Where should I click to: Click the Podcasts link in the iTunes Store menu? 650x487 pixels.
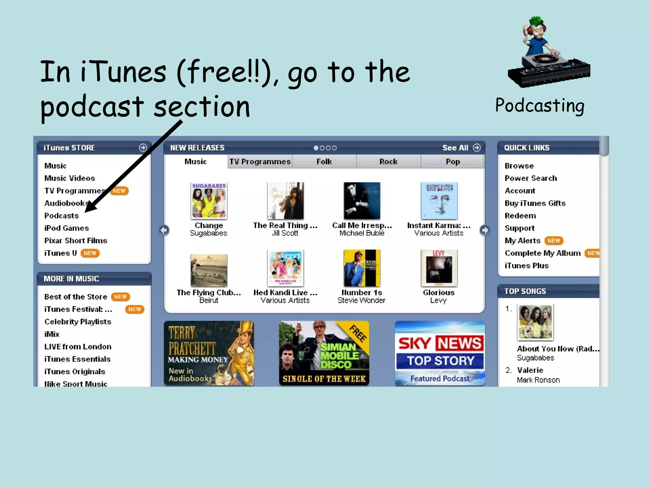click(x=62, y=216)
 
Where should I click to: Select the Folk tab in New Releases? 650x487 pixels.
click(x=324, y=162)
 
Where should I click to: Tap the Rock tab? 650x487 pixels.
click(x=388, y=162)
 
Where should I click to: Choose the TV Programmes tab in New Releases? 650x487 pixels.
click(x=260, y=162)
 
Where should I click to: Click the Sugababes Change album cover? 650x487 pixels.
click(x=209, y=201)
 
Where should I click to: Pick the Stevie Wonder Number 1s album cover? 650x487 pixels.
click(x=362, y=268)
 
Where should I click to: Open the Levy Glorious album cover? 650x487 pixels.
click(x=439, y=268)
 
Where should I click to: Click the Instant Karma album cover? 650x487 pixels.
click(x=439, y=201)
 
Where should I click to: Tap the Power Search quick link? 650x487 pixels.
click(x=531, y=178)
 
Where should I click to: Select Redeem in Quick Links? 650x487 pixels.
click(x=520, y=216)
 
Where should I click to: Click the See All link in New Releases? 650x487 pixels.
click(x=455, y=148)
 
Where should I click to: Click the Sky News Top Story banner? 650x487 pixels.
click(x=440, y=353)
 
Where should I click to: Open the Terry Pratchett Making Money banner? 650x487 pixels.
click(x=209, y=353)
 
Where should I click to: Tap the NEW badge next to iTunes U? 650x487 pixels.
click(x=90, y=253)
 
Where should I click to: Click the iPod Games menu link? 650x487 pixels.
click(x=67, y=228)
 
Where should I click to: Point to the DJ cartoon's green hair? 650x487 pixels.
click(x=536, y=21)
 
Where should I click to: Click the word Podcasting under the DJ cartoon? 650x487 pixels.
click(x=540, y=105)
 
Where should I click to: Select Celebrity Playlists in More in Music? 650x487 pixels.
click(x=78, y=321)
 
